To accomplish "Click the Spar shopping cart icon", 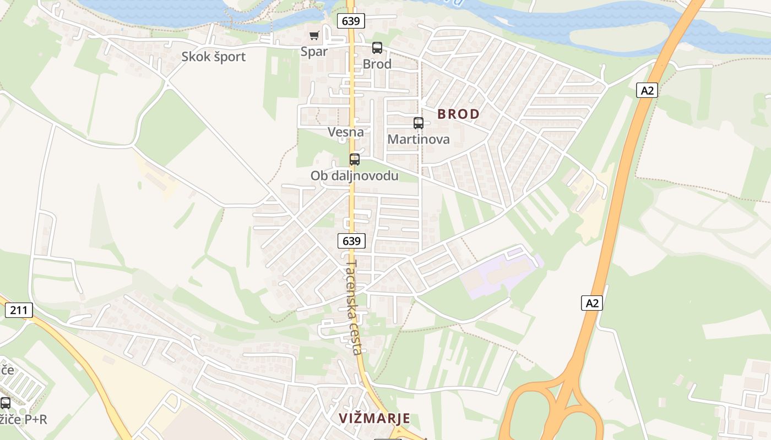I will [x=314, y=36].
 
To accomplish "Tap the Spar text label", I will [x=314, y=52].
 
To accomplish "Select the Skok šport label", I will [x=214, y=57].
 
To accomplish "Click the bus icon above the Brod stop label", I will [x=377, y=48].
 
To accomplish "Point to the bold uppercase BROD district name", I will [x=458, y=114].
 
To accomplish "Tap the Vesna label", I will [x=346, y=132].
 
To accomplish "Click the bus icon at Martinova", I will [x=419, y=123].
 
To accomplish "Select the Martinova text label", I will [x=419, y=139].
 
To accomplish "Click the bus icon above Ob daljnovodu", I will [x=355, y=159].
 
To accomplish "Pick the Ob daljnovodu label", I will [x=354, y=176].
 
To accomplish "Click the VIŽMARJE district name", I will [x=374, y=419].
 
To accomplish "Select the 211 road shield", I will [x=19, y=310].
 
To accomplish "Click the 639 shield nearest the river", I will [x=351, y=21].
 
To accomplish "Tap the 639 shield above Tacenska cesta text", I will [x=351, y=241].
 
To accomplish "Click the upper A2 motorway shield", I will [x=647, y=90].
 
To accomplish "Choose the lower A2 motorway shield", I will [x=592, y=302].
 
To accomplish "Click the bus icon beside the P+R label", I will [x=6, y=403].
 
